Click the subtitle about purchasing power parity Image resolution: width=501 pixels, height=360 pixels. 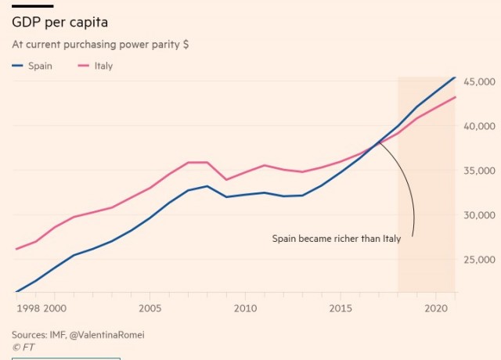(100, 45)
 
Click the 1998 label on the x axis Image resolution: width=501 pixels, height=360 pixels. (27, 308)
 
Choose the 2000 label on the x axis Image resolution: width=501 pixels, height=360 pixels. (55, 308)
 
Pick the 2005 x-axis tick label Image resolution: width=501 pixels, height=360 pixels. (150, 308)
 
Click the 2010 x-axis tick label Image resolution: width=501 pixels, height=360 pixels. (245, 308)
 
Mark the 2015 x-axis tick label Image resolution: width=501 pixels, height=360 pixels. (340, 308)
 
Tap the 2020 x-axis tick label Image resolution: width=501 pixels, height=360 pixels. (435, 308)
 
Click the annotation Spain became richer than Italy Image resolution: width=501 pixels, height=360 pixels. (336, 239)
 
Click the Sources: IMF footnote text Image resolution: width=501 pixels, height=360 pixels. (78, 334)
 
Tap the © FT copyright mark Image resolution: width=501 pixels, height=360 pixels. (23, 346)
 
